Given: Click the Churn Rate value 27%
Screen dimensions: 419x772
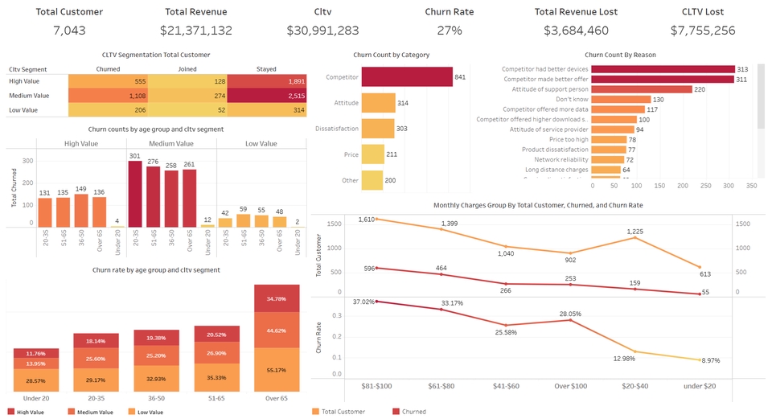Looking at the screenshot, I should point(450,31).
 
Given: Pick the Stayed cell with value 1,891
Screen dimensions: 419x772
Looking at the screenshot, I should point(266,82).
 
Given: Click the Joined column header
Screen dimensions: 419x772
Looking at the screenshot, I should point(187,68).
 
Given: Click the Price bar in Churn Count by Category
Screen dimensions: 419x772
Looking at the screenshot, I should point(372,154).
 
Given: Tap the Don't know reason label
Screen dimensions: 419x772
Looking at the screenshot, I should point(610,99).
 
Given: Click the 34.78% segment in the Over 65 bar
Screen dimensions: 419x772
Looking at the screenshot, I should point(277,299).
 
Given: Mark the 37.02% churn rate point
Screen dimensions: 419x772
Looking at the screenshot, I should point(376,302).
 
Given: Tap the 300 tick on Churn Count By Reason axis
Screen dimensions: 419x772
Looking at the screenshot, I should point(729,186).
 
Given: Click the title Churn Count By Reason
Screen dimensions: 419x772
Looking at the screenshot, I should point(620,55).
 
